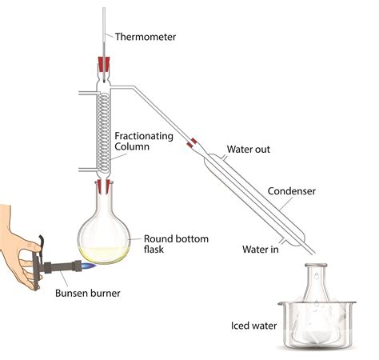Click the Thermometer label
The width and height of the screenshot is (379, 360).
point(146,37)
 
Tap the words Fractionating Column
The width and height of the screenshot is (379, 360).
point(144,142)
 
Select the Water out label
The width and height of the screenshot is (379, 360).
point(249,149)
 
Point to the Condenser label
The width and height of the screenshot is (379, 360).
point(292,191)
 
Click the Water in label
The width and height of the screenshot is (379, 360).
point(261,250)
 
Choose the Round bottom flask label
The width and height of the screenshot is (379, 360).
point(176,244)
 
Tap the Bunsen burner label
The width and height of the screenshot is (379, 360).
point(88,293)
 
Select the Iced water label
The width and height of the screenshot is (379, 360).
point(253,326)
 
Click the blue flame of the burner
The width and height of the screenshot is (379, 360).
point(89,266)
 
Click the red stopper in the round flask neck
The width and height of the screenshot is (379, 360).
point(103,186)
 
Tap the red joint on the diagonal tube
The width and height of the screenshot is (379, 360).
point(192,143)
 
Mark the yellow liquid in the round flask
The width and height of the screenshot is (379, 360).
point(104,254)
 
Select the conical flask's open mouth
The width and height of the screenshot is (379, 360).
point(316,266)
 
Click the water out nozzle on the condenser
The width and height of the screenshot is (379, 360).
point(225,158)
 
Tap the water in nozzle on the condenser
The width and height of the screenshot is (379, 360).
point(283,241)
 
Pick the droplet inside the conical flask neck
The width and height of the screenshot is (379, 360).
point(316,276)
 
